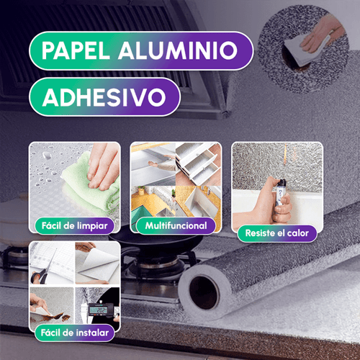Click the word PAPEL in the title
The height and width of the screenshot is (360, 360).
click(x=76, y=50)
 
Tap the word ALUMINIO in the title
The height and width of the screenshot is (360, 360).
click(x=178, y=50)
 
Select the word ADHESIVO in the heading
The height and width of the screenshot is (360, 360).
click(x=104, y=97)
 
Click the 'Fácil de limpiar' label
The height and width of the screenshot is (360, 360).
click(x=74, y=226)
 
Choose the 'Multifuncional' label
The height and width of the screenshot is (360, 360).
click(x=176, y=225)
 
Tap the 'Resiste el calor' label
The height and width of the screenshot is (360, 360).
click(x=277, y=233)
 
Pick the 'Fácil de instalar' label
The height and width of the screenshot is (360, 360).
click(x=75, y=333)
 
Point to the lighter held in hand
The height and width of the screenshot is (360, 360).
click(x=280, y=192)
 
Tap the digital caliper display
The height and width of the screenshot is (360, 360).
click(x=100, y=310)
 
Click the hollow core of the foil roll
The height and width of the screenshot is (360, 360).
click(x=204, y=292)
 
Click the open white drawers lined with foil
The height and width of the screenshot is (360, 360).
click(x=198, y=163)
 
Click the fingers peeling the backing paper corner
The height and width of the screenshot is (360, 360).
click(x=38, y=304)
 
